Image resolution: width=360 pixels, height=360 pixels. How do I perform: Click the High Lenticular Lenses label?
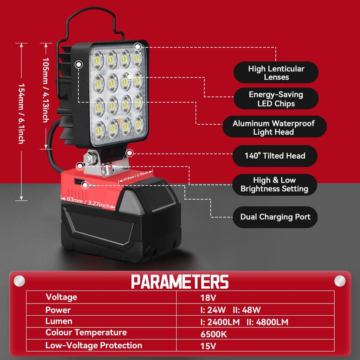(x=276, y=73)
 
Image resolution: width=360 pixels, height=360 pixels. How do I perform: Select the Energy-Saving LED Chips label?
(x=276, y=99)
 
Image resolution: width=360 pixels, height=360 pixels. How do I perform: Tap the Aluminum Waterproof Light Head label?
(x=273, y=127)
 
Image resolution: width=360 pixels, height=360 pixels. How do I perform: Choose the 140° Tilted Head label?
(x=275, y=156)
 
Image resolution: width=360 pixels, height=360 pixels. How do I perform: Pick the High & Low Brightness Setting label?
(x=274, y=184)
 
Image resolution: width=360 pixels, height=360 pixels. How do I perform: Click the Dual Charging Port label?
(x=275, y=217)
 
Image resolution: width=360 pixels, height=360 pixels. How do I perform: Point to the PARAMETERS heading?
(x=180, y=282)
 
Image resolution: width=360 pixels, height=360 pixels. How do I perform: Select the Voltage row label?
(x=61, y=297)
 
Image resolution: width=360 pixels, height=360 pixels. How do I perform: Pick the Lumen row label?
(x=59, y=321)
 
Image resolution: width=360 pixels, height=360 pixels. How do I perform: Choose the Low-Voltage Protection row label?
(x=94, y=346)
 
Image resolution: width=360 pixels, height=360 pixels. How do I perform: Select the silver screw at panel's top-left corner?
(x=19, y=281)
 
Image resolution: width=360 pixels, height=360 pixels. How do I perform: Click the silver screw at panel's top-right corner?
(x=340, y=281)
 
